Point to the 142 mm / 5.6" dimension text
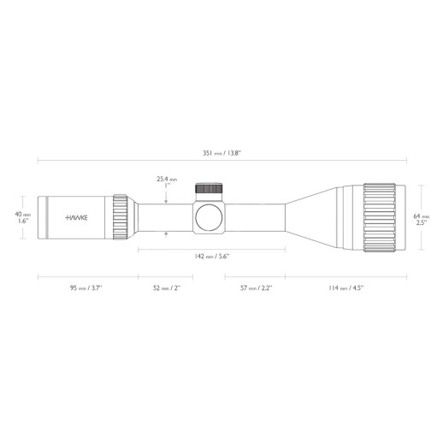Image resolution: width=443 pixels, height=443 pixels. pyautogui.click(x=212, y=256)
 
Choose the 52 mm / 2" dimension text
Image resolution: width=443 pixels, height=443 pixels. pyautogui.click(x=166, y=288)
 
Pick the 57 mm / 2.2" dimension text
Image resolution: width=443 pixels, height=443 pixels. pyautogui.click(x=254, y=288)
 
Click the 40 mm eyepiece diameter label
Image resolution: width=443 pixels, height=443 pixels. pyautogui.click(x=23, y=214)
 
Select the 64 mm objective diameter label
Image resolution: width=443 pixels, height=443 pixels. pyautogui.click(x=420, y=216)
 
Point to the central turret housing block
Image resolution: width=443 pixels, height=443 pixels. pyautogui.click(x=209, y=217)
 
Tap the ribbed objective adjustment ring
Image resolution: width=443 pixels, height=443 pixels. pyautogui.click(x=382, y=217)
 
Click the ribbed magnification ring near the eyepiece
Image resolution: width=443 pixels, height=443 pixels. pyautogui.click(x=120, y=217)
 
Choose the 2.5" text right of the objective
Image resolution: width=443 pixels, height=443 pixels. pyautogui.click(x=420, y=223)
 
